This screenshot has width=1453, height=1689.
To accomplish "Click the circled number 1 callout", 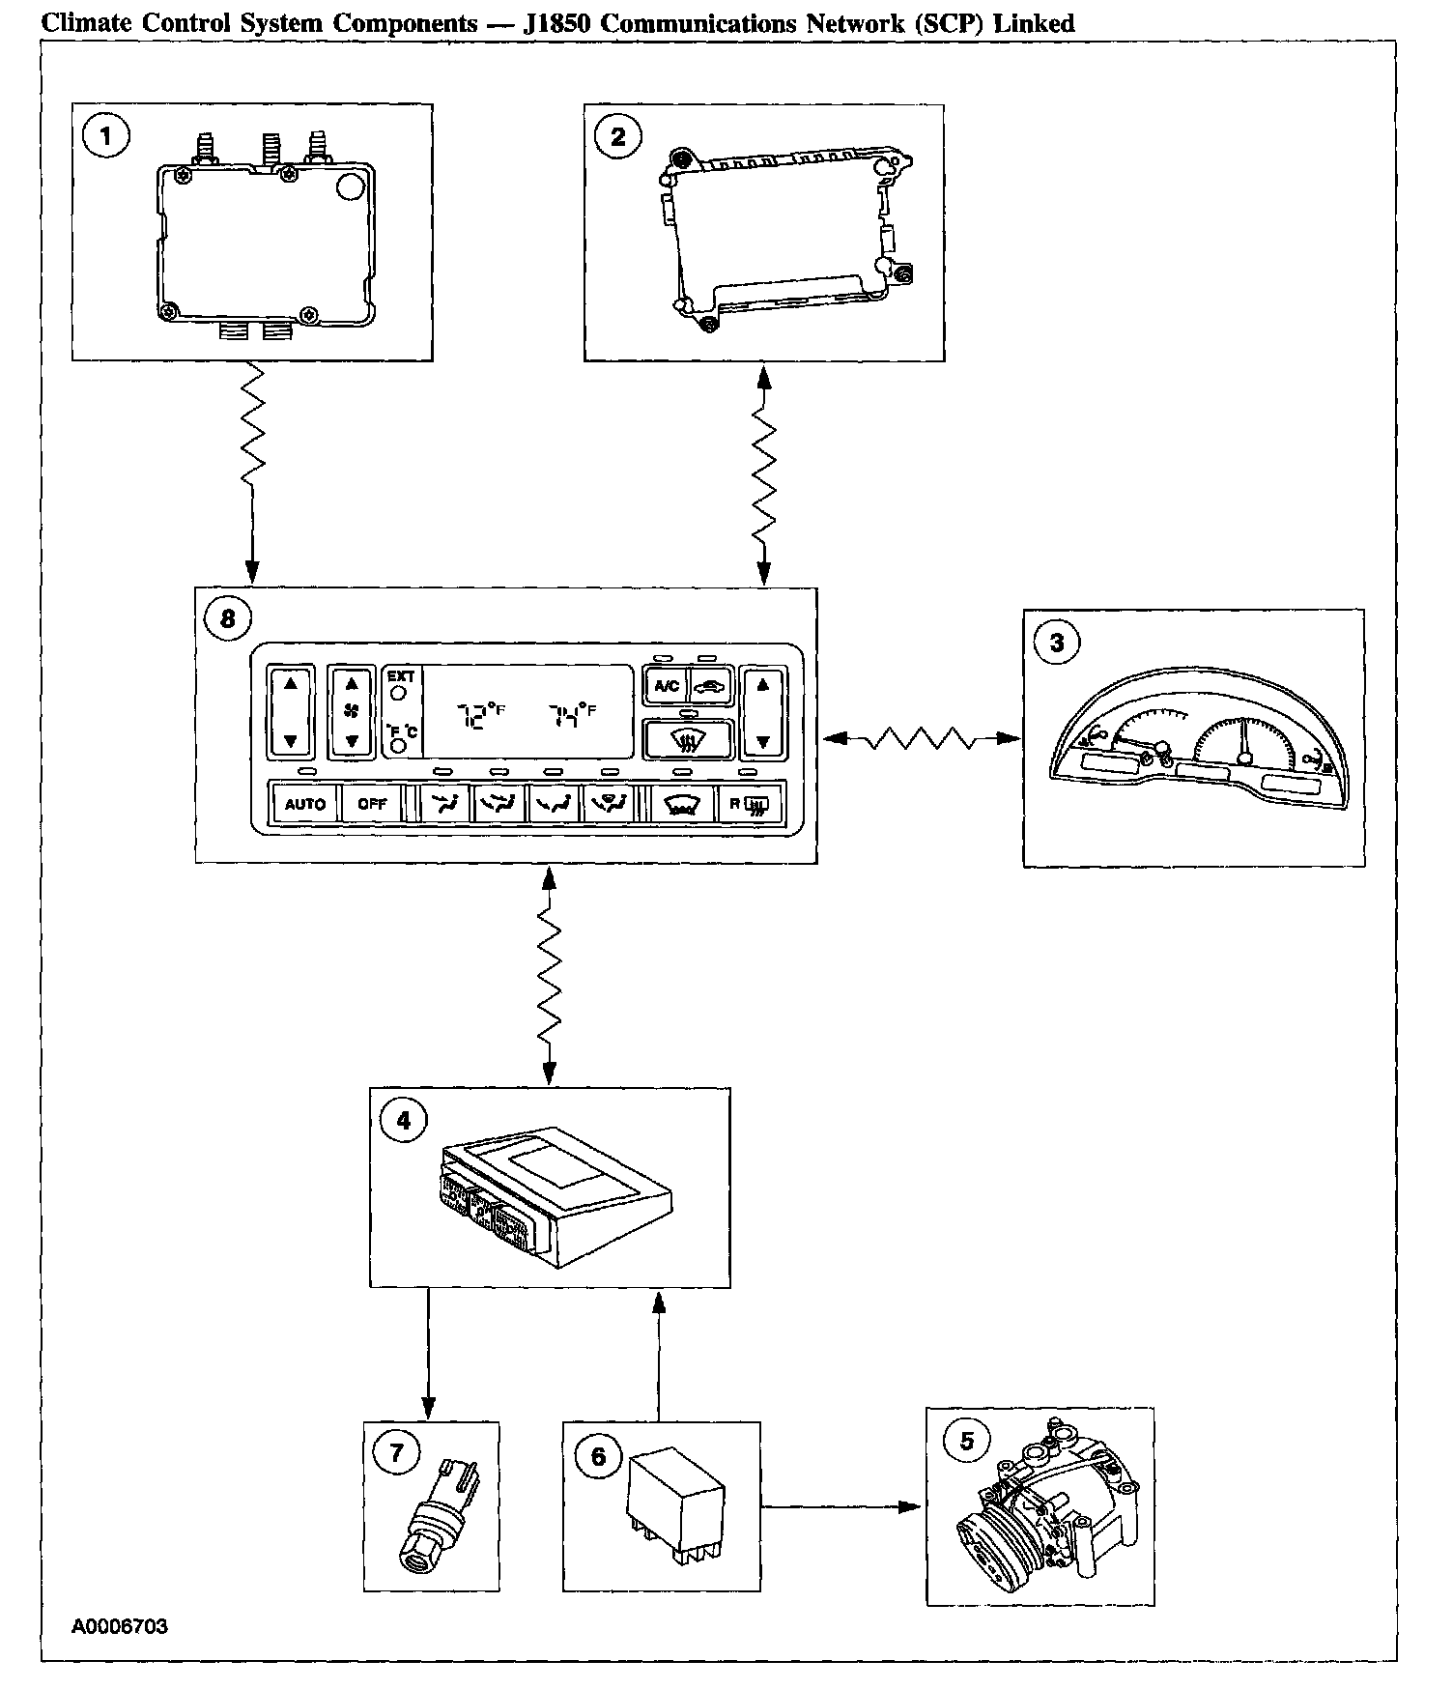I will (106, 136).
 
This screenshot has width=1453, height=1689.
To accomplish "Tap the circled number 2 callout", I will (618, 136).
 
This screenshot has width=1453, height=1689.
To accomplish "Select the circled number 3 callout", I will (1057, 643).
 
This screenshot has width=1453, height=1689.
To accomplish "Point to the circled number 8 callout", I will (228, 618).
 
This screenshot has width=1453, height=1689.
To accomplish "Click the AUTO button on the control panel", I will (305, 804).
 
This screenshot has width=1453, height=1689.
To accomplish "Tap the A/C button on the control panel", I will (667, 687).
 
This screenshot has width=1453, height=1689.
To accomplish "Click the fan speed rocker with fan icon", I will (352, 712).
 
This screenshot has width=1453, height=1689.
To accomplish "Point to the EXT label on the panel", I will (401, 676).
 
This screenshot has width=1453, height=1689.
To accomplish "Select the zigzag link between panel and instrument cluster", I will (920, 739).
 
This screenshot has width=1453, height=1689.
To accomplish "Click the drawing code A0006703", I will (120, 1626).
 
